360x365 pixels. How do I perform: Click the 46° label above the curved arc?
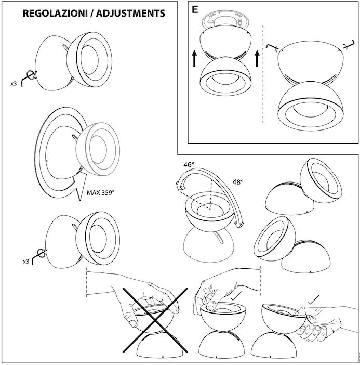click(x=189, y=165)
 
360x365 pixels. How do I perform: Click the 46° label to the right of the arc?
click(x=237, y=182)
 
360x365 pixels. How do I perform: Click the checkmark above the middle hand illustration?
click(x=237, y=296)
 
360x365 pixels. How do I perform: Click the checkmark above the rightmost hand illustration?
click(x=313, y=301)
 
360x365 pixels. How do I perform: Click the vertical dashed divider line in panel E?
click(x=263, y=73)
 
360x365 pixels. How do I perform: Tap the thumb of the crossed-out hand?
click(x=133, y=323)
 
